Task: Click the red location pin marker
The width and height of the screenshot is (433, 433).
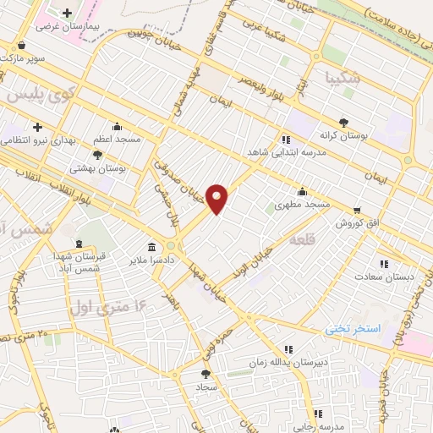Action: coord(217,199)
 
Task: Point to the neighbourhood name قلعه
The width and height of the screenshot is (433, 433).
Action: coord(303,241)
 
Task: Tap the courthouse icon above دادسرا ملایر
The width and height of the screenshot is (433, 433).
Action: coord(151,247)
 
